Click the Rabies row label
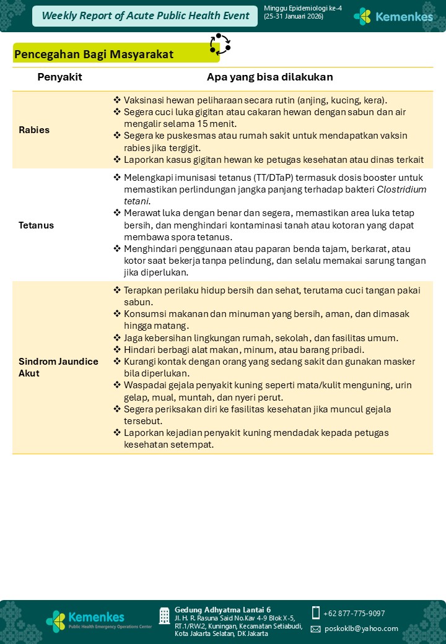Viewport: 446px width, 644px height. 34,130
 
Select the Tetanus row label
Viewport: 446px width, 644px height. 36,225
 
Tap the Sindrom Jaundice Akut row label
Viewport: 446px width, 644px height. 58,367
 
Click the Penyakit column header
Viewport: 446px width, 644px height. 59,77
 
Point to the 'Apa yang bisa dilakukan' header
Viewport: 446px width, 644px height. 269,77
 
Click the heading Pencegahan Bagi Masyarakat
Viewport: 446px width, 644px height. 94,54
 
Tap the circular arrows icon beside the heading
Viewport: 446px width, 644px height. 220,45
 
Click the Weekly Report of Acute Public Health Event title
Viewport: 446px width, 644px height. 145,16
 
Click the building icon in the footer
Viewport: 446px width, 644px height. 164,616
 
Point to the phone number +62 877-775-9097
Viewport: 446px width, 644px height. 354,614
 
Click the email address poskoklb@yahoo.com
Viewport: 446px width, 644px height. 361,629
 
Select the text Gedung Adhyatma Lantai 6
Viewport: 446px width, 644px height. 222,610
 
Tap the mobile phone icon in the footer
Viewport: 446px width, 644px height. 316,613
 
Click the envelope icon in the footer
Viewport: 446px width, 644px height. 316,629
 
